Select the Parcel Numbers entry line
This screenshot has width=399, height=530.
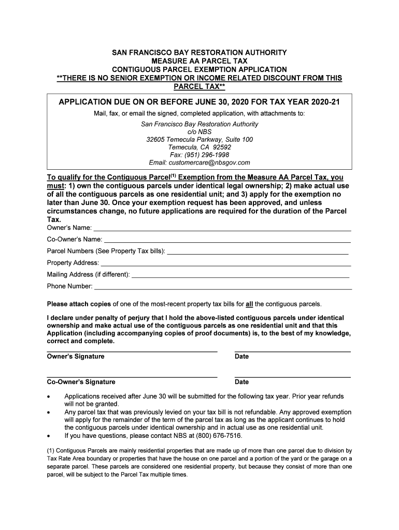tap(258, 254)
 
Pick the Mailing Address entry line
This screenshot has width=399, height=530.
tap(241, 277)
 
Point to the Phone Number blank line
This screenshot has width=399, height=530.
tap(222, 288)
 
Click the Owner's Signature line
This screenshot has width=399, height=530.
tap(132, 352)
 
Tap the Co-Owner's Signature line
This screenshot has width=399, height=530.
tap(132, 377)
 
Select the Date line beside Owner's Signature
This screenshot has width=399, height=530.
tap(292, 352)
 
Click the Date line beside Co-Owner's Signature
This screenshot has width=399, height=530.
tap(292, 377)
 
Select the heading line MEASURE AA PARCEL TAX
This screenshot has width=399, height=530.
tap(199, 61)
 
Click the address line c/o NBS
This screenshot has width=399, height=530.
tap(199, 132)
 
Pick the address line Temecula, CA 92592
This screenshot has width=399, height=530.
tap(199, 147)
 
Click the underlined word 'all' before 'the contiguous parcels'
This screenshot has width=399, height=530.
tap(249, 304)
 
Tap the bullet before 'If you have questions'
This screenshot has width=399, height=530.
tap(49, 436)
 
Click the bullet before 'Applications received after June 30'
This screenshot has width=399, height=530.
tap(49, 396)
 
